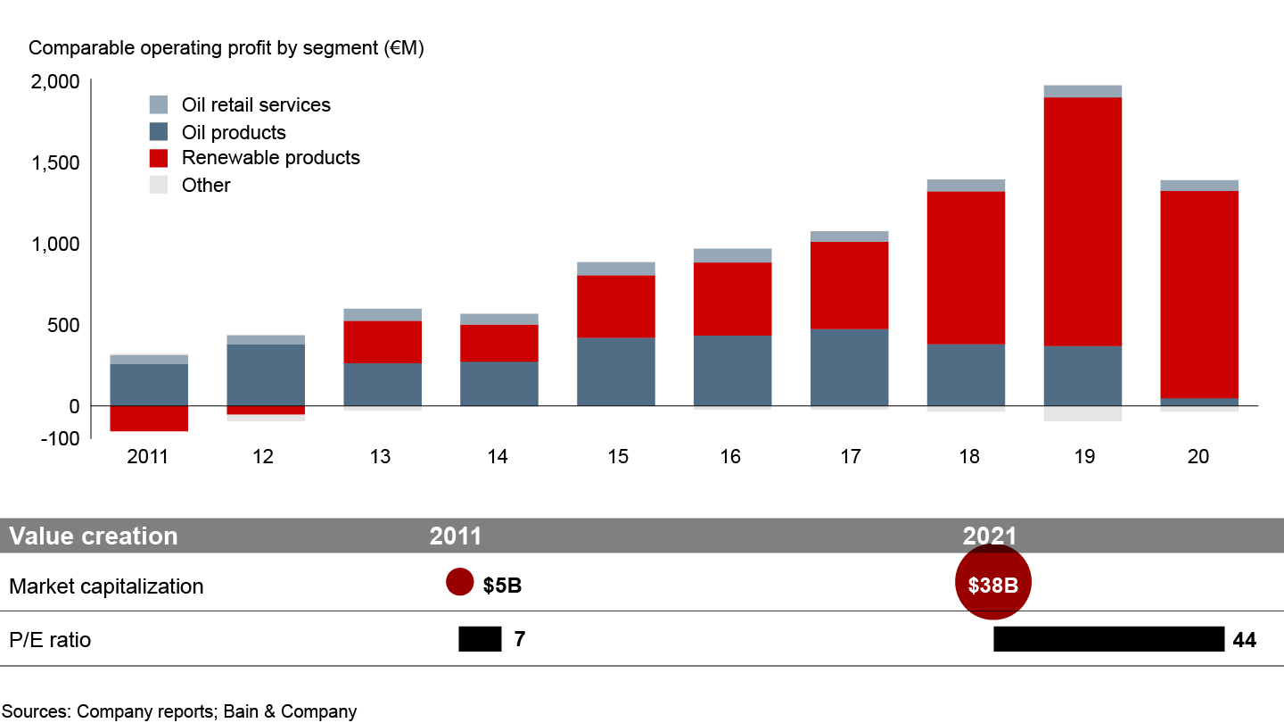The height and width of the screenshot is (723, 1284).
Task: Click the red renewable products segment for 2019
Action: click(1082, 221)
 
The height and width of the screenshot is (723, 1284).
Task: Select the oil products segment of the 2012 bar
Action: click(266, 375)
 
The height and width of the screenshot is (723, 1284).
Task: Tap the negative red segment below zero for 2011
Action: click(149, 419)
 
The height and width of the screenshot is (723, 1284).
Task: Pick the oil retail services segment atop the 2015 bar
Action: click(616, 269)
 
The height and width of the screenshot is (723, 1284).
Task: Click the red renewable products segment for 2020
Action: click(1199, 295)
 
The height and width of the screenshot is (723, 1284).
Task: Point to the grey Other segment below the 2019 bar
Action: click(1082, 413)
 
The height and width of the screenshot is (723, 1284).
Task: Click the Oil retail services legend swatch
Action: click(159, 104)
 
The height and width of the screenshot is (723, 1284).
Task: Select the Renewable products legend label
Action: click(270, 158)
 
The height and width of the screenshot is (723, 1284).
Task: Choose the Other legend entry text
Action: click(206, 186)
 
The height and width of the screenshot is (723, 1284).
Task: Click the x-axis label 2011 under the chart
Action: click(147, 457)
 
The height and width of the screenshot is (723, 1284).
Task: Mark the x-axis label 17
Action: click(850, 457)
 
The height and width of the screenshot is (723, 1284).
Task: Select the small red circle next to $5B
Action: click(459, 583)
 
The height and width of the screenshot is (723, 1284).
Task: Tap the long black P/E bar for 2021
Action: click(1108, 639)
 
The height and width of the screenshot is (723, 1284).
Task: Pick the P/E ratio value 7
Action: click(520, 639)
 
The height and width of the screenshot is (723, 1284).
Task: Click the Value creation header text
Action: click(94, 536)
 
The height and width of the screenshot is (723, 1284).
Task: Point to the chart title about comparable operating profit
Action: click(226, 49)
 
